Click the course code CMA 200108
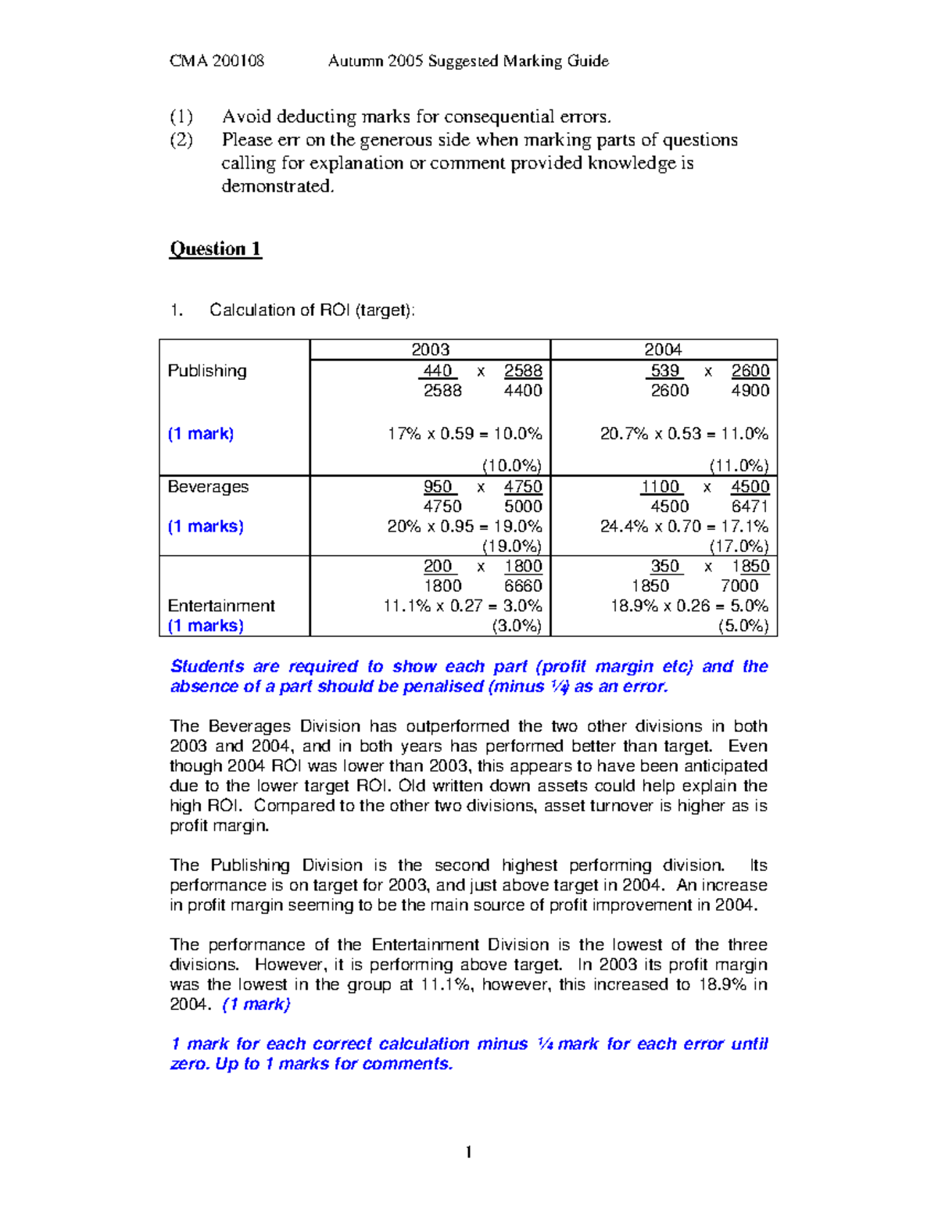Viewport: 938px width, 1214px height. (x=217, y=61)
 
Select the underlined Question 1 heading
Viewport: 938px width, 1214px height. (x=215, y=249)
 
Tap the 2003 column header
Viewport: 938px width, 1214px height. (x=430, y=349)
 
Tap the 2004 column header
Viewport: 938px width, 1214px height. (x=663, y=349)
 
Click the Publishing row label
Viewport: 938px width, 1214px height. (x=207, y=371)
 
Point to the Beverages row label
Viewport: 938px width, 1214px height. (x=208, y=486)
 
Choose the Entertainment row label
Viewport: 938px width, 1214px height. (x=221, y=606)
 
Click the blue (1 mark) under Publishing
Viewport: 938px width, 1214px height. (x=201, y=434)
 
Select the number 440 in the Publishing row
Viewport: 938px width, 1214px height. (x=438, y=371)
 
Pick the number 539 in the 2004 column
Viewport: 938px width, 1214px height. (x=665, y=371)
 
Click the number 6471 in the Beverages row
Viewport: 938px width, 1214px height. (x=750, y=507)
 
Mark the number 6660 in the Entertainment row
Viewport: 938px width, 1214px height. (x=523, y=586)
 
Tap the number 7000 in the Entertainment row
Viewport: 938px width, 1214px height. (x=739, y=586)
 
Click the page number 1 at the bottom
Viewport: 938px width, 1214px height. (x=468, y=1151)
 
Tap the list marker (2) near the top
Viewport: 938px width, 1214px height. (x=181, y=140)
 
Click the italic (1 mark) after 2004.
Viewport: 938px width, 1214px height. (x=256, y=1005)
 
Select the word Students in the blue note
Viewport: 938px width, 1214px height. (x=207, y=667)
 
